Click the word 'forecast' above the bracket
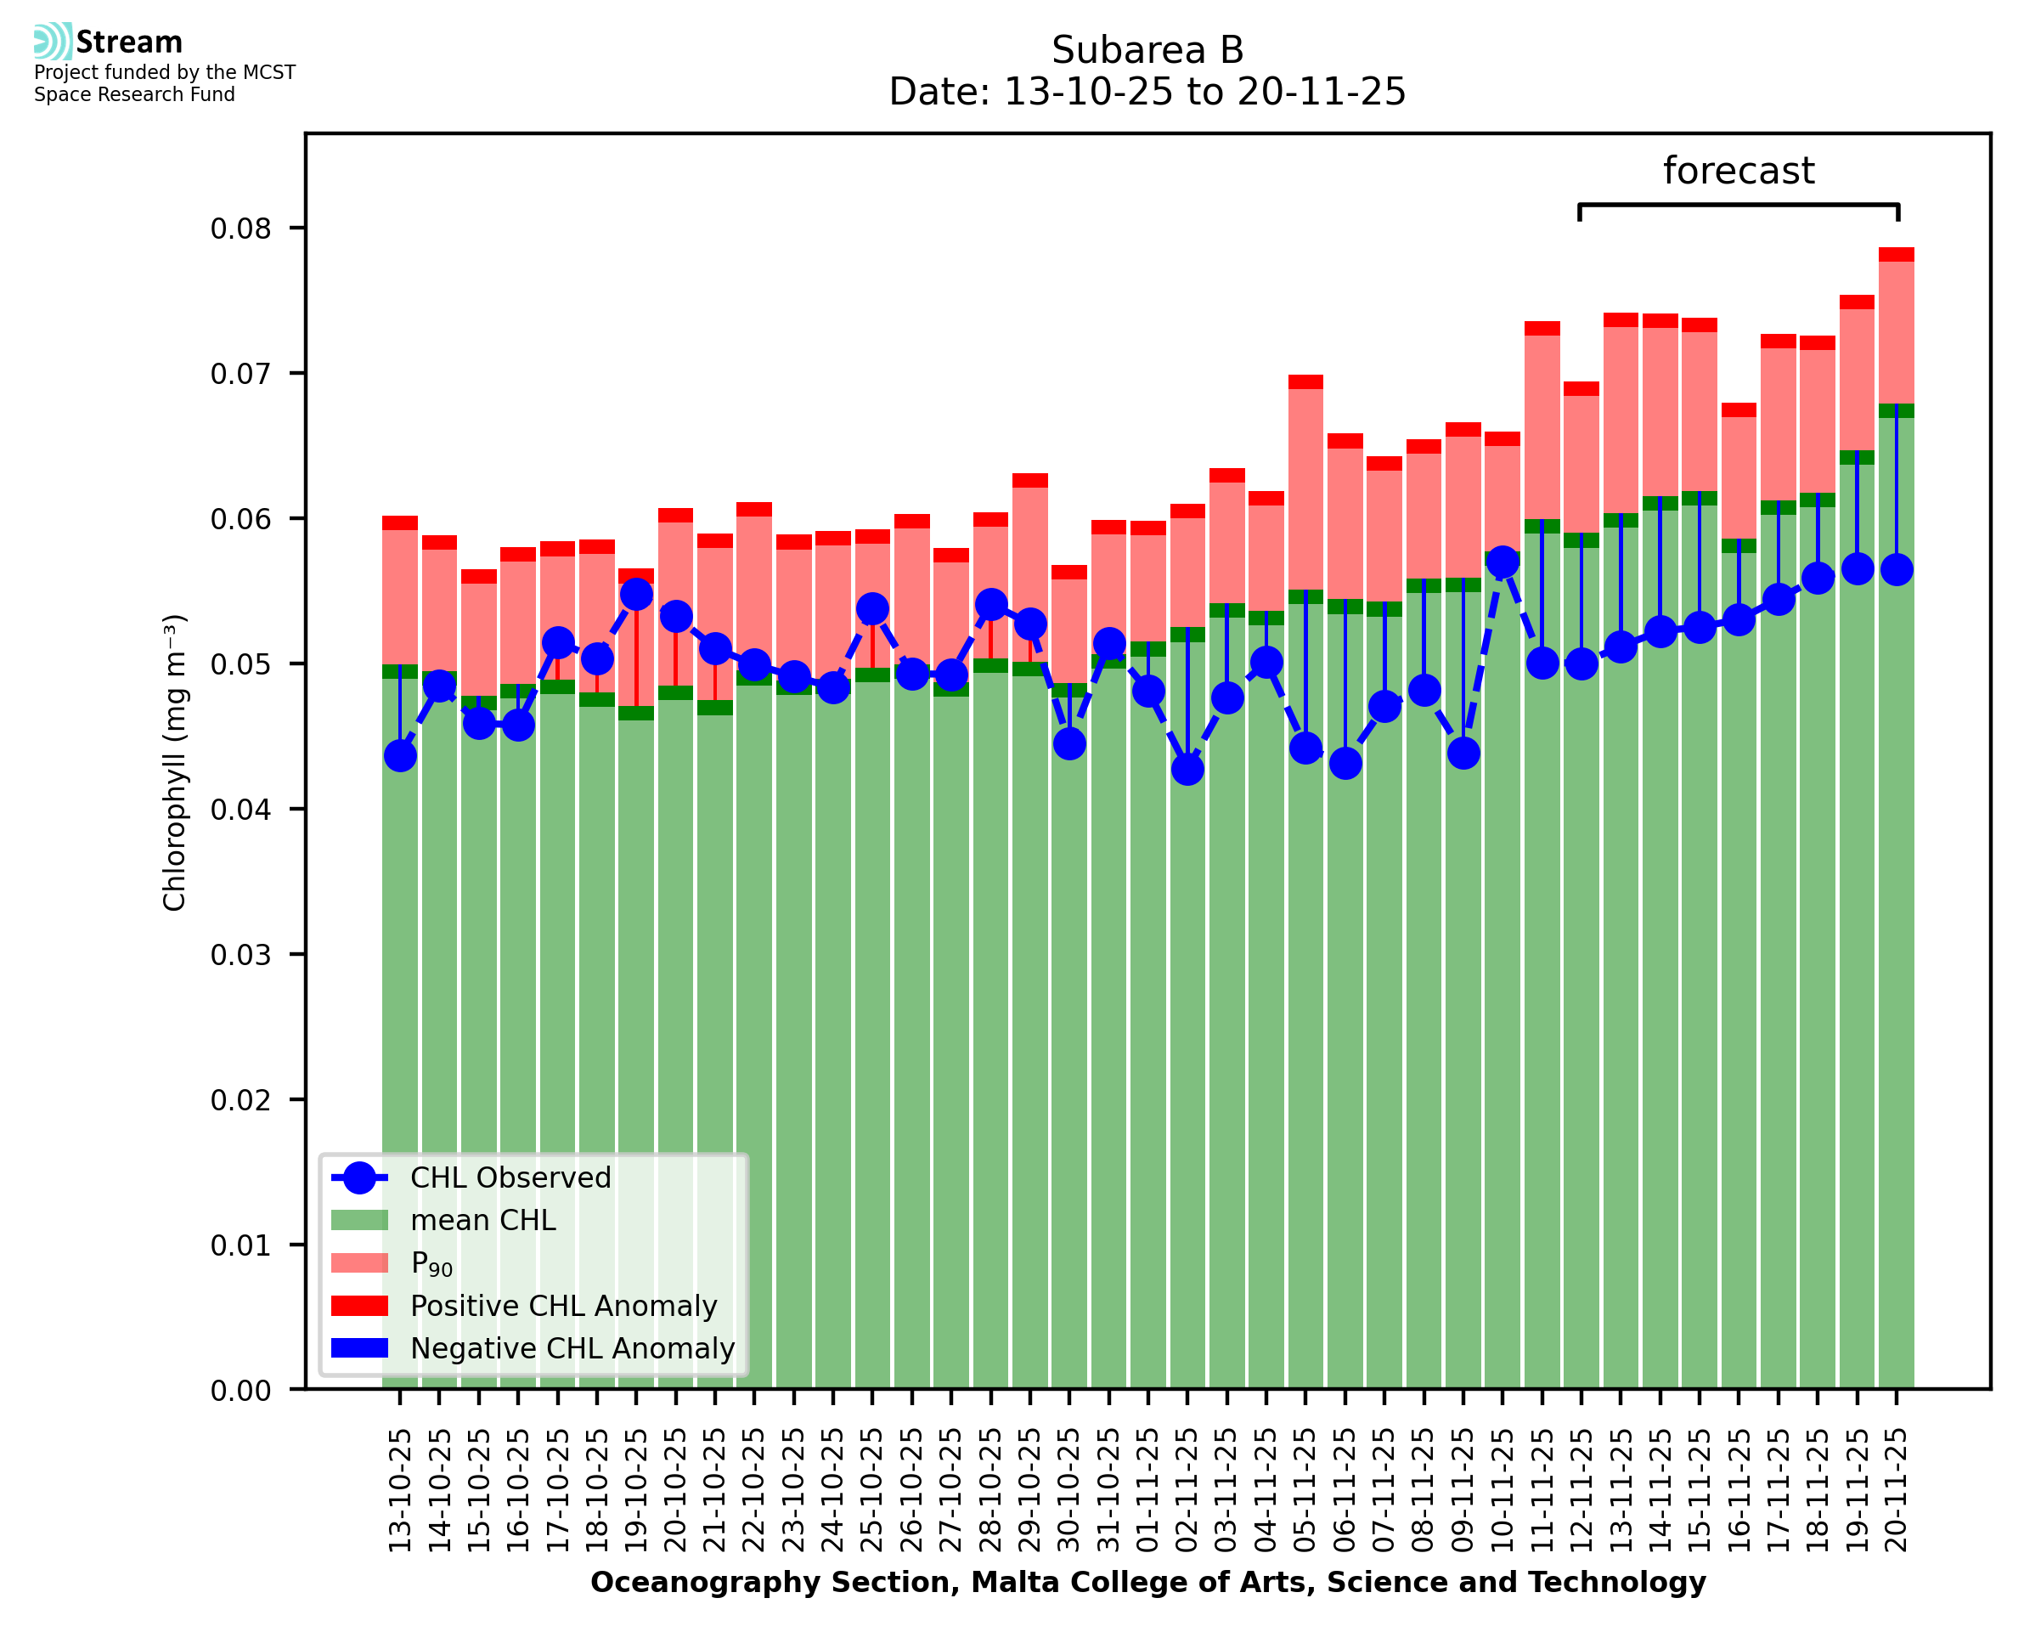point(1738,171)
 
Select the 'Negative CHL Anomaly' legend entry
point(572,1348)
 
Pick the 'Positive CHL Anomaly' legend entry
point(563,1306)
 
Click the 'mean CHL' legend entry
point(482,1220)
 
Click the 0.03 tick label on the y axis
point(240,955)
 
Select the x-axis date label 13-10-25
point(400,1491)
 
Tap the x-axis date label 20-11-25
point(1897,1491)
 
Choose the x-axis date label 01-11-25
point(1148,1491)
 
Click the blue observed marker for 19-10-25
point(636,594)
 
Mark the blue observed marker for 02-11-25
point(1187,769)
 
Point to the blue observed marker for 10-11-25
point(1502,562)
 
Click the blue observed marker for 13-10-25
point(400,756)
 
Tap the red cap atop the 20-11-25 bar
point(1897,255)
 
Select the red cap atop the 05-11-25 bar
point(1305,381)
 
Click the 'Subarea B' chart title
point(1147,50)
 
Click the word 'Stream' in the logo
point(130,42)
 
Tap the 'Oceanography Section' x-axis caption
point(1147,1582)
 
